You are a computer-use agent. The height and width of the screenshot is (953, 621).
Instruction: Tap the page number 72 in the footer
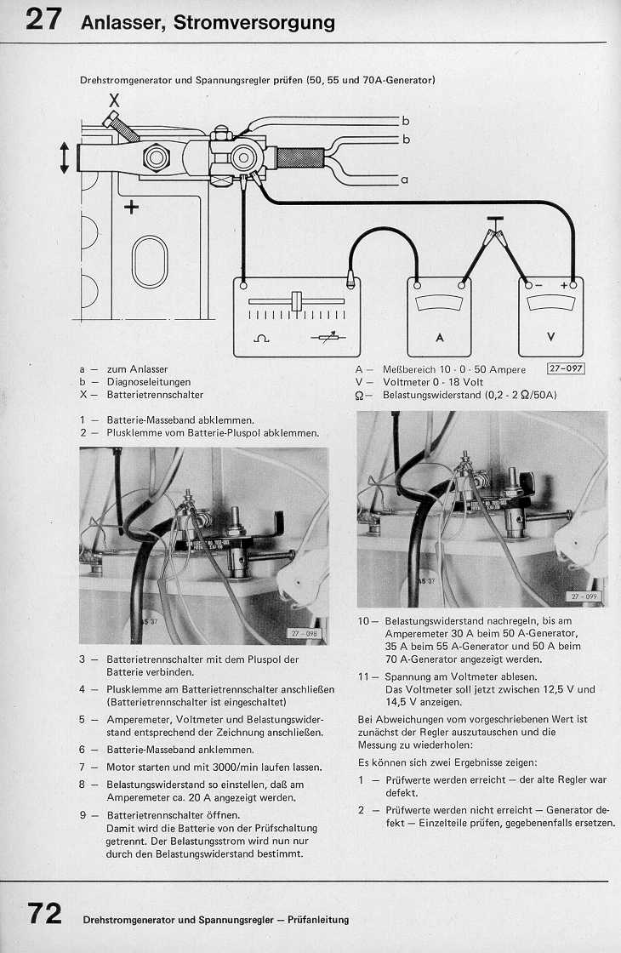click(45, 914)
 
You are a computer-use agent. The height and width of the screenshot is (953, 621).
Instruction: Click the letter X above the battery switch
click(114, 100)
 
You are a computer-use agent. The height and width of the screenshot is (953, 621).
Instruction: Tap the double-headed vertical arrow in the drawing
click(64, 158)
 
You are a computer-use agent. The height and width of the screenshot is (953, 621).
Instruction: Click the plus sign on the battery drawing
click(132, 208)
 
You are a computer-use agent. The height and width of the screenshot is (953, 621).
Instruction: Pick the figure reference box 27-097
click(566, 369)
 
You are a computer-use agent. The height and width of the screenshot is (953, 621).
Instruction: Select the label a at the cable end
click(404, 180)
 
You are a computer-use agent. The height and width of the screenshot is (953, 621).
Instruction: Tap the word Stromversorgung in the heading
click(254, 23)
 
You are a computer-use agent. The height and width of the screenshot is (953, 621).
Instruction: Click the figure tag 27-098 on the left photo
click(303, 634)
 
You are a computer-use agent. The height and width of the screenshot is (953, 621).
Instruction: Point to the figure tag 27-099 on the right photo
click(584, 596)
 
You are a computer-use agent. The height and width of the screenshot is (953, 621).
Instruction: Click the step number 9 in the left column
click(83, 814)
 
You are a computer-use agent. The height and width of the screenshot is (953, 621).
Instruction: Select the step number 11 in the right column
click(363, 676)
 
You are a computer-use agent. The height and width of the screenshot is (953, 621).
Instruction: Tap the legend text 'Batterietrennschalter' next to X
click(155, 395)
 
